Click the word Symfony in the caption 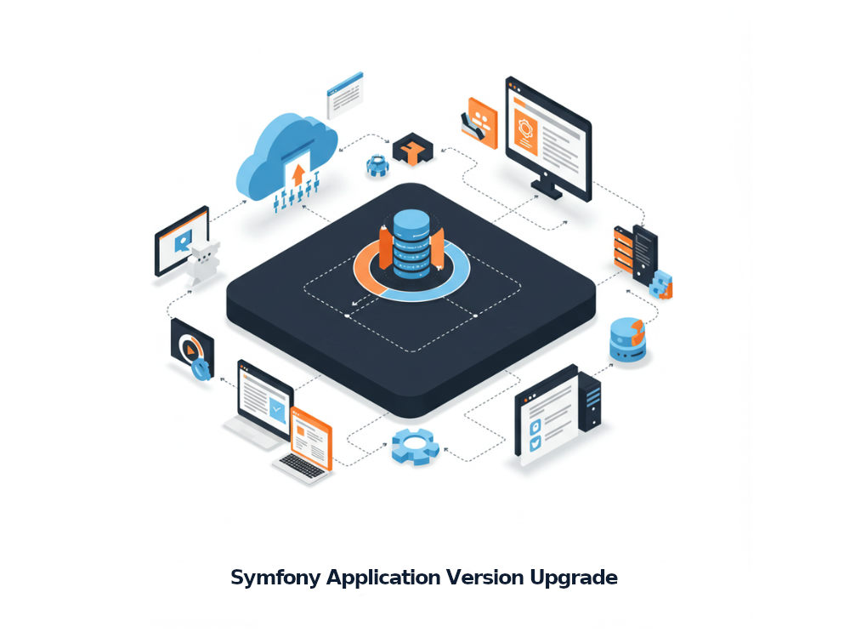(275, 578)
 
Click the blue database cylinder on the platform (411, 244)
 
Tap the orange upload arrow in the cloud (298, 175)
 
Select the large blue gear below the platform (416, 446)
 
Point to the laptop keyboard (302, 466)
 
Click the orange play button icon (190, 350)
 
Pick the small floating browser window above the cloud (345, 95)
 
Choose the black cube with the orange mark (413, 148)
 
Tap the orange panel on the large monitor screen (525, 131)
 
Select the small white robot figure (203, 263)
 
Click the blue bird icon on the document (535, 443)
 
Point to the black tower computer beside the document (590, 402)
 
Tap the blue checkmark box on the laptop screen (277, 408)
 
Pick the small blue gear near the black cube (377, 166)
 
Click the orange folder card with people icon (480, 123)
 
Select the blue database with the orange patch (628, 339)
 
